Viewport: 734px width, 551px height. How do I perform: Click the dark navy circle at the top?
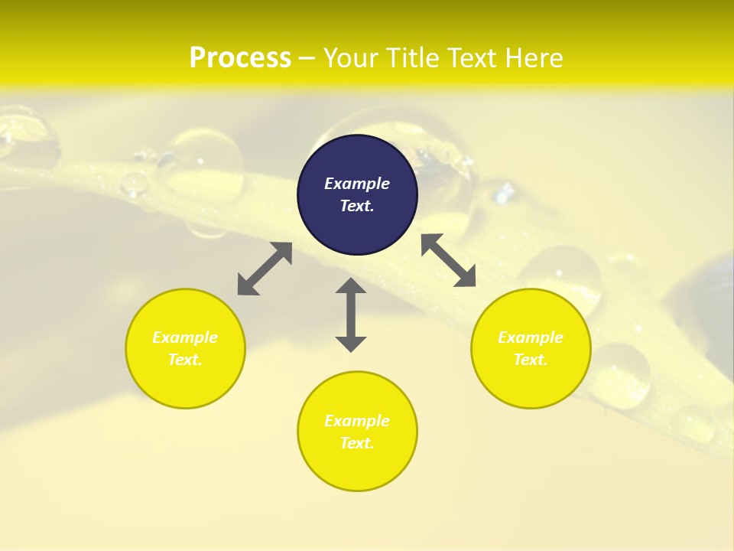(357, 194)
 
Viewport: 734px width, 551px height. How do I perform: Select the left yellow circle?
(185, 348)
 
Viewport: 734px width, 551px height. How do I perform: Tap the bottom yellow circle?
(357, 432)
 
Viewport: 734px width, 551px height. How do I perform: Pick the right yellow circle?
(530, 348)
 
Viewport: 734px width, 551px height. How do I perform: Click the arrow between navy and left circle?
(265, 269)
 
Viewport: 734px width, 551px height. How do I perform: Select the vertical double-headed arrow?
(351, 315)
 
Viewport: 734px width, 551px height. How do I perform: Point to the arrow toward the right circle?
(449, 260)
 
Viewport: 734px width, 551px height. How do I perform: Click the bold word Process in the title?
(240, 58)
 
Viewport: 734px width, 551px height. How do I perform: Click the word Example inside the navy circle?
(357, 184)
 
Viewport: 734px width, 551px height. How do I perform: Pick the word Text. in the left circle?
(185, 360)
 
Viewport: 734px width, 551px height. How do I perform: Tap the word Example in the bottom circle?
(357, 421)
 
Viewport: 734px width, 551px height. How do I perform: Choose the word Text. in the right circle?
(530, 360)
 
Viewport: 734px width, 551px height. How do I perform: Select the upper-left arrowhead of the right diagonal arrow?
(430, 242)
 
